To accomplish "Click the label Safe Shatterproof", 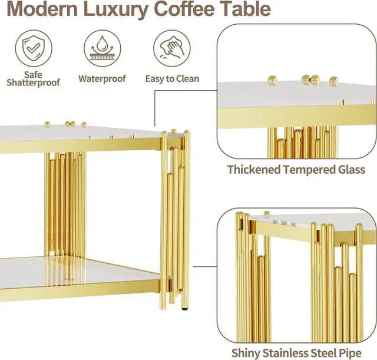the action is click(33, 79).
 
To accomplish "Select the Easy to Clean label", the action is click(172, 78).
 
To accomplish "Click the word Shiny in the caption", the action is click(245, 353).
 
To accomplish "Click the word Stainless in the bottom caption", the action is click(285, 353).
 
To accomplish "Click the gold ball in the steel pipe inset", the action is click(266, 214).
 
